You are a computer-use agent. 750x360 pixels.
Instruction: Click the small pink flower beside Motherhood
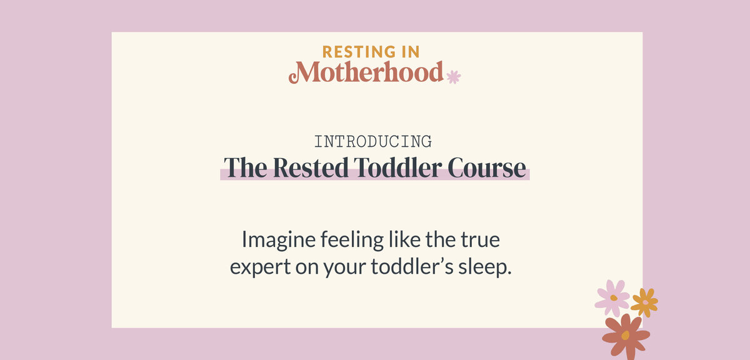pyautogui.click(x=453, y=77)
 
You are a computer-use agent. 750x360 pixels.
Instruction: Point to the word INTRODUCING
pyautogui.click(x=373, y=141)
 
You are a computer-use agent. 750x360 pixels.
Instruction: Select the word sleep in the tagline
pyautogui.click(x=486, y=267)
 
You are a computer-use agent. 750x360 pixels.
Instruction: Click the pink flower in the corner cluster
pyautogui.click(x=612, y=297)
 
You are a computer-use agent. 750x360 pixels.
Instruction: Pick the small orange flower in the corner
pyautogui.click(x=644, y=302)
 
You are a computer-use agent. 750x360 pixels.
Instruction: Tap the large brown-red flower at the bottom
pyautogui.click(x=625, y=336)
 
